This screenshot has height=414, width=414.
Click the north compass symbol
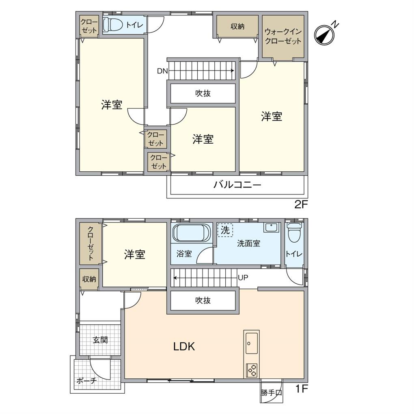(x=325, y=35)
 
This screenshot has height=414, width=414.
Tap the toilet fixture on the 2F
(x=112, y=25)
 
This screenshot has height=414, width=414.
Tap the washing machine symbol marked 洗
(x=224, y=230)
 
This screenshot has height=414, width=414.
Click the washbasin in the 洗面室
(x=271, y=227)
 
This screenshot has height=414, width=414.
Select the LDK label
(x=184, y=347)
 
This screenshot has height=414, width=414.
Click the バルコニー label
(x=237, y=185)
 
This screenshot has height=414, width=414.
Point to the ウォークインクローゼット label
(x=283, y=36)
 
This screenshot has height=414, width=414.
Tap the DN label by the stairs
(x=162, y=71)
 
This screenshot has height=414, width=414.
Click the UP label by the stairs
(x=243, y=278)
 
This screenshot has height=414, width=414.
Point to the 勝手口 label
(x=272, y=393)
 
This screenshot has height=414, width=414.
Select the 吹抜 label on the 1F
(x=203, y=301)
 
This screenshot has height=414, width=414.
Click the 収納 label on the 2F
(x=237, y=26)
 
